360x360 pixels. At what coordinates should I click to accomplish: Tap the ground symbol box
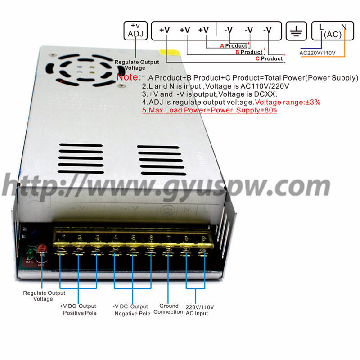tap(297, 31)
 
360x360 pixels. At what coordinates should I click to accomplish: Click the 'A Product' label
tap(234, 45)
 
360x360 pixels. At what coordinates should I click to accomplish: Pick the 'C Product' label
tap(269, 58)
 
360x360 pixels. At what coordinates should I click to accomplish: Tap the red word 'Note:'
tap(128, 77)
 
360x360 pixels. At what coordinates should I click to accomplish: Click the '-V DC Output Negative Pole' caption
tap(131, 310)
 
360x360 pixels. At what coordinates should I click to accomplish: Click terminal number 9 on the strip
tap(203, 238)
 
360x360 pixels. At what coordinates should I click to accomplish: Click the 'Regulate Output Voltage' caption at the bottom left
tap(44, 296)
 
